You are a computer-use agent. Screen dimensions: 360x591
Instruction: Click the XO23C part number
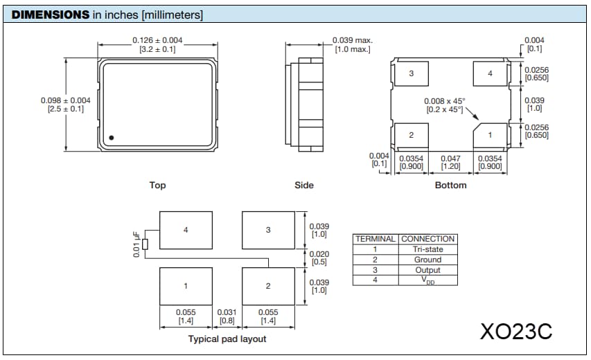click(x=516, y=331)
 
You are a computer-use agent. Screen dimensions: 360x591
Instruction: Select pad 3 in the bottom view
click(x=411, y=73)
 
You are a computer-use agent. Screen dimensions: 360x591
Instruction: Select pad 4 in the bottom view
click(x=490, y=73)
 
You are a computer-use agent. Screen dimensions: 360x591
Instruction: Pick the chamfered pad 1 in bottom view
click(x=490, y=134)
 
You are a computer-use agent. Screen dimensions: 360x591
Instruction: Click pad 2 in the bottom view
click(x=411, y=134)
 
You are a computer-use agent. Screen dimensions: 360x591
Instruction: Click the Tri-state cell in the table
click(x=427, y=249)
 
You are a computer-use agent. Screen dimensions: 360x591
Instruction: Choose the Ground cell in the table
click(x=427, y=260)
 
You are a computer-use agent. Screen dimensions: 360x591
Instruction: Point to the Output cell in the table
click(x=427, y=270)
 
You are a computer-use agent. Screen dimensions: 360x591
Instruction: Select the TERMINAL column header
click(x=375, y=239)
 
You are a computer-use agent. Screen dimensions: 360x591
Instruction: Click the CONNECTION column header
click(x=427, y=239)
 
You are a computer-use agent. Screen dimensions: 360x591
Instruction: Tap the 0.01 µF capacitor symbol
click(x=145, y=244)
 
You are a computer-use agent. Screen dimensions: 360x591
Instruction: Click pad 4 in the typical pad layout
click(x=186, y=230)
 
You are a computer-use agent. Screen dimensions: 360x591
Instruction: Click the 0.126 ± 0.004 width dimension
click(x=157, y=41)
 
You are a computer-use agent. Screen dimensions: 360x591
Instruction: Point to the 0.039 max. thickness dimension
click(x=352, y=41)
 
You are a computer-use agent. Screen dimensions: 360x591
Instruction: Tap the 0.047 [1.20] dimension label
click(x=450, y=163)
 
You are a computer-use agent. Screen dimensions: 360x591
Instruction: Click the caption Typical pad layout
click(x=227, y=339)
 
